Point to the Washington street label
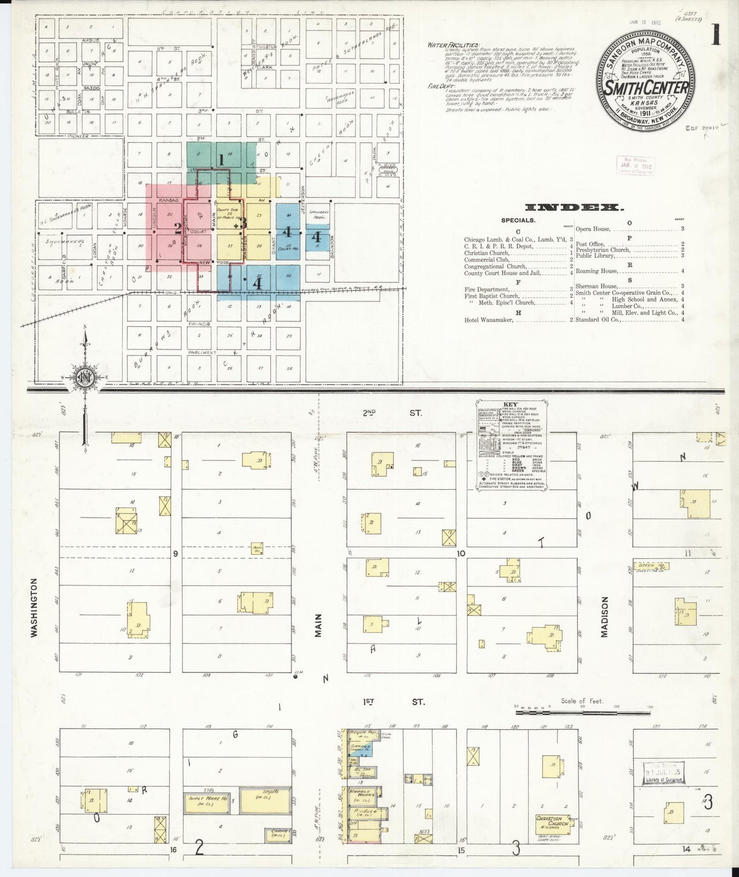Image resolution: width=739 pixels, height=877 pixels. coord(35,607)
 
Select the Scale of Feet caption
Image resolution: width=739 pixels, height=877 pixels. coord(582,701)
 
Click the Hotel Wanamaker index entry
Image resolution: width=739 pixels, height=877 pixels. coord(488,320)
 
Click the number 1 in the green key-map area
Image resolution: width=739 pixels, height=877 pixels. coord(221,160)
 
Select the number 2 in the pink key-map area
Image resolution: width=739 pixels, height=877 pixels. coord(177,228)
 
